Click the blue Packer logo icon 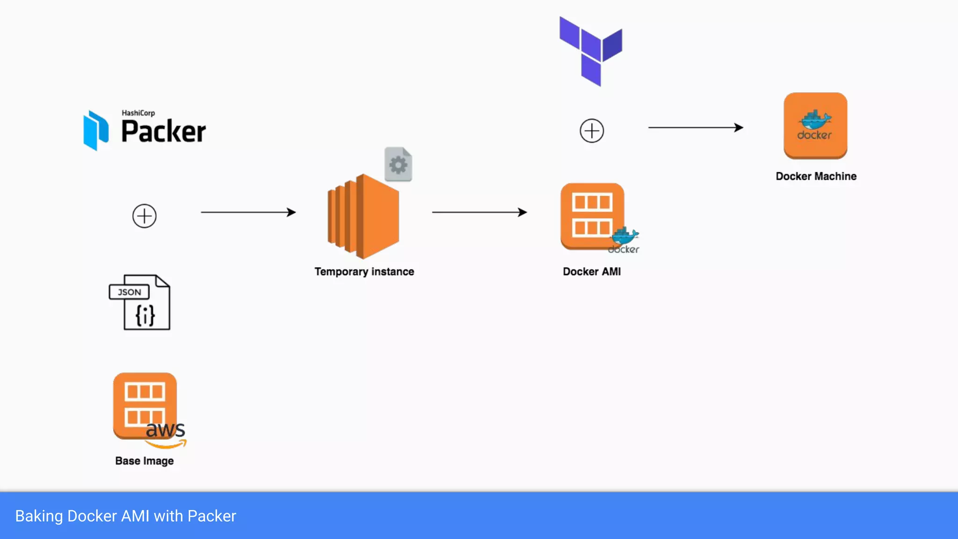click(x=96, y=130)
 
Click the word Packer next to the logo click(x=163, y=131)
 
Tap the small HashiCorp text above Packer click(x=138, y=113)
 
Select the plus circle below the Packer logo click(x=144, y=216)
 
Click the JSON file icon click(x=140, y=302)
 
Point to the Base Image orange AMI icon click(x=144, y=405)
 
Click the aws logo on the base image click(x=166, y=434)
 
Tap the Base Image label click(x=144, y=461)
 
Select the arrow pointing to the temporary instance click(x=248, y=212)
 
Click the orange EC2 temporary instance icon click(x=363, y=217)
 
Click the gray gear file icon click(x=398, y=164)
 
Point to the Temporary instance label click(x=364, y=272)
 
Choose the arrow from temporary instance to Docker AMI click(x=479, y=212)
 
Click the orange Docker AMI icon click(x=592, y=216)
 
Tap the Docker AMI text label click(x=592, y=272)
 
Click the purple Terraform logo click(x=591, y=51)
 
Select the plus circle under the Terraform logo click(x=592, y=131)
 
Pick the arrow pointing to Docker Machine click(x=696, y=127)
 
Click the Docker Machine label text click(x=816, y=176)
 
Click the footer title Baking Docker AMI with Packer click(x=125, y=516)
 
